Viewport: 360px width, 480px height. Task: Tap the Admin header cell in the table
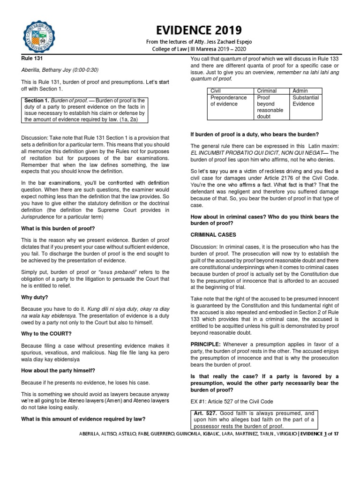click(x=300, y=90)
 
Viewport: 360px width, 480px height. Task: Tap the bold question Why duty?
click(x=35, y=297)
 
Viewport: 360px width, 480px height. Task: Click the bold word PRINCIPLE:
click(x=207, y=344)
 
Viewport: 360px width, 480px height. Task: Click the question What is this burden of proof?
click(x=58, y=228)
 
